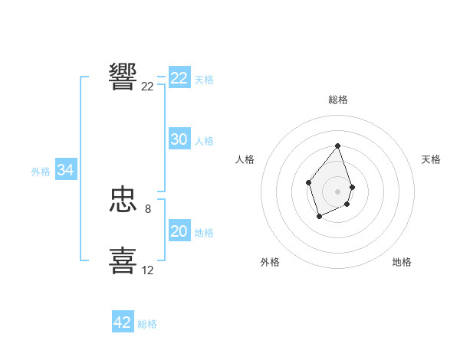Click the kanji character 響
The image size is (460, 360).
(x=123, y=77)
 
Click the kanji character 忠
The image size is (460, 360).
(x=123, y=201)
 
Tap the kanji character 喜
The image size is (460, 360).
(x=123, y=260)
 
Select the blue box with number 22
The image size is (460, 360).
(x=179, y=78)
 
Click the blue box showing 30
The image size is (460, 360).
(x=179, y=139)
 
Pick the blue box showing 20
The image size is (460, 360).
(x=179, y=231)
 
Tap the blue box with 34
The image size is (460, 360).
(x=66, y=170)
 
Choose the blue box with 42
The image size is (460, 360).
(x=123, y=322)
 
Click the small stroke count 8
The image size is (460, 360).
(x=148, y=208)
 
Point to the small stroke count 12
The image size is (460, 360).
(x=147, y=270)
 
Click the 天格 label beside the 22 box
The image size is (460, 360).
(x=204, y=79)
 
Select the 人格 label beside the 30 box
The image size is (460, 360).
(x=204, y=140)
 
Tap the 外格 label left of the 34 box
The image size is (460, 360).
(x=41, y=172)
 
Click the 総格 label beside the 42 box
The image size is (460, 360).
(x=147, y=324)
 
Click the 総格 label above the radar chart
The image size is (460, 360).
(x=338, y=100)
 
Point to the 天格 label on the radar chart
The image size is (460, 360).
(x=432, y=159)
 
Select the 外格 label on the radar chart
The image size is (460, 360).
(x=270, y=262)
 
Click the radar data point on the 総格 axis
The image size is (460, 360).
(x=338, y=146)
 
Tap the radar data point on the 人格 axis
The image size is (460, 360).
(x=308, y=182)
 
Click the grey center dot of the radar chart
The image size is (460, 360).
(x=338, y=191)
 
